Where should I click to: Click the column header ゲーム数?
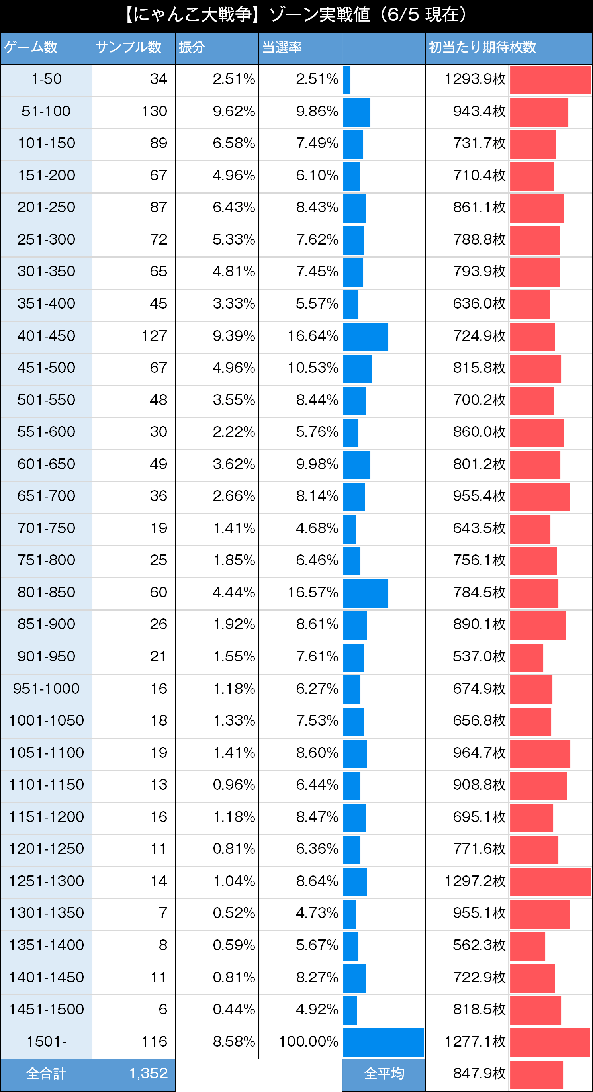pyautogui.click(x=31, y=47)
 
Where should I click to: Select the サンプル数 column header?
pyautogui.click(x=128, y=47)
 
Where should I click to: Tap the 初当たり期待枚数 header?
pyautogui.click(x=482, y=47)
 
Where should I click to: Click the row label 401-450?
pyautogui.click(x=46, y=336)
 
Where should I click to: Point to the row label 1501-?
pyautogui.click(x=46, y=1041)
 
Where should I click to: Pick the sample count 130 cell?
pyautogui.click(x=154, y=111)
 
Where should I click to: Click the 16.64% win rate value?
pyautogui.click(x=313, y=336)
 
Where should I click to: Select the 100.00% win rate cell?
pyautogui.click(x=308, y=1041)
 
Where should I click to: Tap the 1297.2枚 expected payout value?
pyautogui.click(x=475, y=881)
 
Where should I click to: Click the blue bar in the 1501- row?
pyautogui.click(x=383, y=1042)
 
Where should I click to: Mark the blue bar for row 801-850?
pyautogui.click(x=365, y=593)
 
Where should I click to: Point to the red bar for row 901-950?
pyautogui.click(x=526, y=658)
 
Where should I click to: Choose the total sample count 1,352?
pyautogui.click(x=149, y=1073)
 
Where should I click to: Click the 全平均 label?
pyautogui.click(x=384, y=1074)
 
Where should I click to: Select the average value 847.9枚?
pyautogui.click(x=479, y=1073)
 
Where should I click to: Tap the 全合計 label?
pyautogui.click(x=46, y=1074)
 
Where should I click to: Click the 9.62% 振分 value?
pyautogui.click(x=233, y=111)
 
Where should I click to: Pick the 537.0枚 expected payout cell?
pyautogui.click(x=479, y=656)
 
